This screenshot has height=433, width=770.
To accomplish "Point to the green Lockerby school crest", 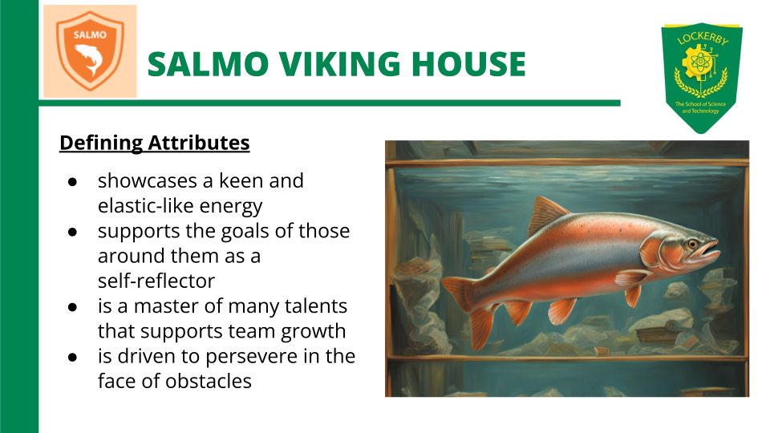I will tap(701, 76).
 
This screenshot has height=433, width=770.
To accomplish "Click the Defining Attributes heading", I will tap(155, 144).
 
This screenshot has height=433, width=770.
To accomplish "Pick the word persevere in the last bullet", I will tap(249, 355).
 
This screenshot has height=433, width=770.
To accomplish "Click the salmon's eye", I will tap(690, 242).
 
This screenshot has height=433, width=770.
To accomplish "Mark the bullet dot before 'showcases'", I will tap(71, 181).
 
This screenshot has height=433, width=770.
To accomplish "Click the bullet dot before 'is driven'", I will tap(71, 355).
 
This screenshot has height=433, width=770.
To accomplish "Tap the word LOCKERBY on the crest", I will tap(702, 40).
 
